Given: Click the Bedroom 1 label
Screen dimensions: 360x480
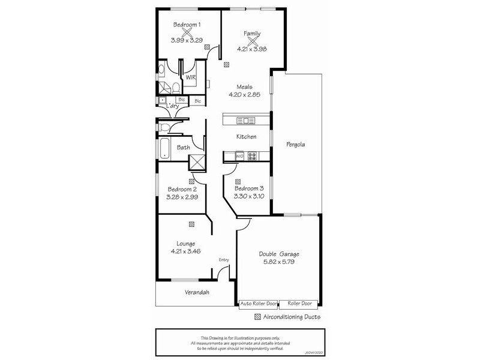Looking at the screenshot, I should pos(187,25).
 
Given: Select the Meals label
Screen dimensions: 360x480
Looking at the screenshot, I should pos(244,86).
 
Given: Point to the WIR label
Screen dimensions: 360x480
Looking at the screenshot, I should pos(190,78).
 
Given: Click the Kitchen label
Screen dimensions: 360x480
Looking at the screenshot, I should pos(246,137).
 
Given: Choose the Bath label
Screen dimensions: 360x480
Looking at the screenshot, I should pos(183,147).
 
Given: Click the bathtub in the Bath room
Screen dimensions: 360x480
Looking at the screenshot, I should pos(165,148).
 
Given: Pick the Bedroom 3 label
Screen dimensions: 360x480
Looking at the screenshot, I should pos(249,188).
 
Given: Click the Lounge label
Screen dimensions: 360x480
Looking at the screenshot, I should pos(185,244).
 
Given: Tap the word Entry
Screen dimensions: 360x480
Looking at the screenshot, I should pos(224,259).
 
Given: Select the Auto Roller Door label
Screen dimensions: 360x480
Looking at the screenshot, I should pos(260,304).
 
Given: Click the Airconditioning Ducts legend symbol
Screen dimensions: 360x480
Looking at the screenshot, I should pos(258,317).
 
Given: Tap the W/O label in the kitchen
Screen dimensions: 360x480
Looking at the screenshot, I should pos(239,156).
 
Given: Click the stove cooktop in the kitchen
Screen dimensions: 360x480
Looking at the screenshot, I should pos(253,156).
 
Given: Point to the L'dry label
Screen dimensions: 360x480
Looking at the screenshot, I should pos(173,106).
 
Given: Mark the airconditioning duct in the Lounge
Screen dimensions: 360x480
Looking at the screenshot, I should pos(191,224).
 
